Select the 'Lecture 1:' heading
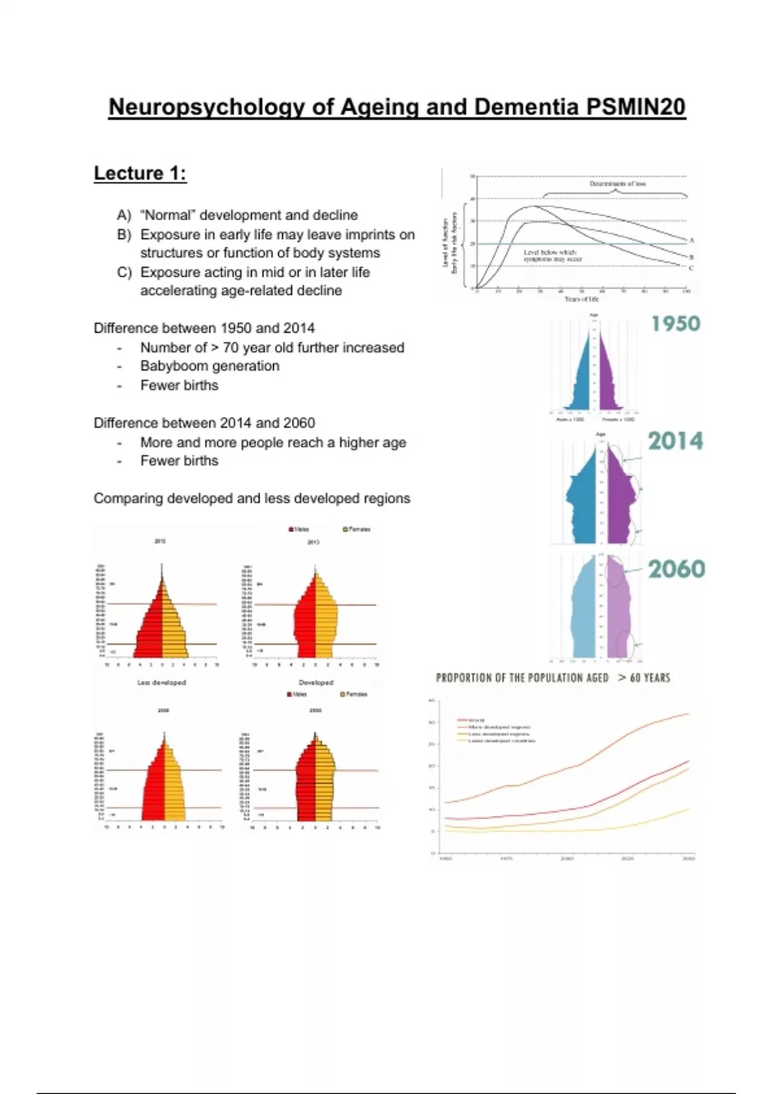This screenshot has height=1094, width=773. pyautogui.click(x=140, y=173)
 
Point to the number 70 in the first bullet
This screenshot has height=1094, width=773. pyautogui.click(x=231, y=348)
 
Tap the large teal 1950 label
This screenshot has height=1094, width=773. pyautogui.click(x=675, y=323)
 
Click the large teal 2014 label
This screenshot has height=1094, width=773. pyautogui.click(x=675, y=441)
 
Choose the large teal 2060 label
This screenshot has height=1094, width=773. pyautogui.click(x=676, y=569)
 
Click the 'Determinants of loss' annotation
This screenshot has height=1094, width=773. pyautogui.click(x=616, y=184)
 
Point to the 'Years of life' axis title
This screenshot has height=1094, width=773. pyautogui.click(x=581, y=299)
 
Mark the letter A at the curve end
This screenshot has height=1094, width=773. pyautogui.click(x=692, y=240)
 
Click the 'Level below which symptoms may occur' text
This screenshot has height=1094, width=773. pyautogui.click(x=552, y=255)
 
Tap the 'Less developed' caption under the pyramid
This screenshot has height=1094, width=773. pyautogui.click(x=161, y=682)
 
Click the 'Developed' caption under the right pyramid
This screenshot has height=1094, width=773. pyautogui.click(x=316, y=682)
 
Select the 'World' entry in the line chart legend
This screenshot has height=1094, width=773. pyautogui.click(x=476, y=720)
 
